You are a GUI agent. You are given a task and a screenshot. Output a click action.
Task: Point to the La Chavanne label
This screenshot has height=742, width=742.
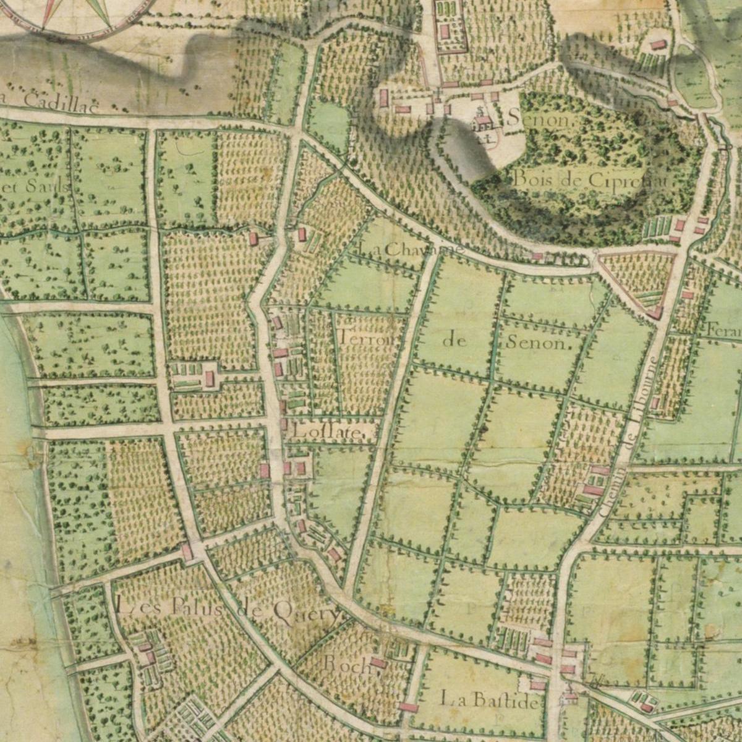[410, 249]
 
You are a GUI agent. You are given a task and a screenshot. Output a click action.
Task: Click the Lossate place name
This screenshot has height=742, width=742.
[325, 432]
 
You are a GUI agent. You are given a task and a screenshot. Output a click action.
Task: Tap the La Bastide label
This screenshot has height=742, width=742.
[488, 701]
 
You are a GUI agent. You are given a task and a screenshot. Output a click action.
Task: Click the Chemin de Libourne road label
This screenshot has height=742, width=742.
[629, 437]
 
